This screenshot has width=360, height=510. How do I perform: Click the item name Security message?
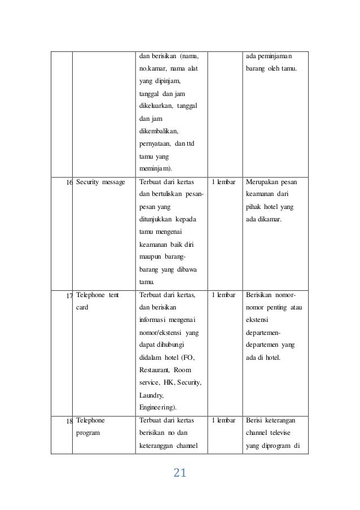(101, 182)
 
